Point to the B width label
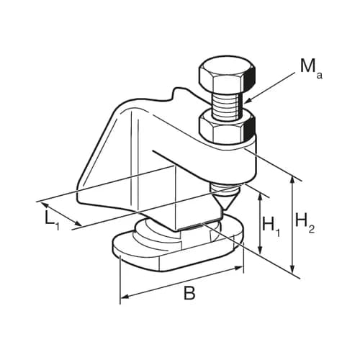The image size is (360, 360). tap(189, 294)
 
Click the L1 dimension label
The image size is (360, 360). tap(51, 218)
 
